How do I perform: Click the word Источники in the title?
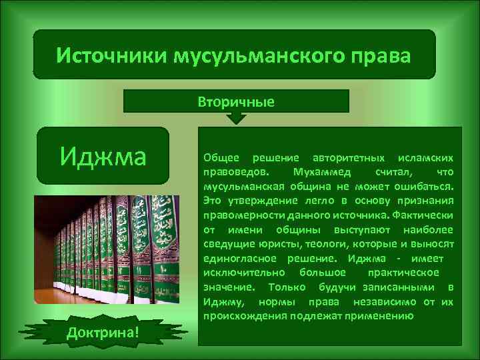click(x=111, y=55)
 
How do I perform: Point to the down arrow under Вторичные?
click(x=236, y=118)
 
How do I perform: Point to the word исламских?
click(x=426, y=158)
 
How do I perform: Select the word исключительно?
click(x=244, y=272)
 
